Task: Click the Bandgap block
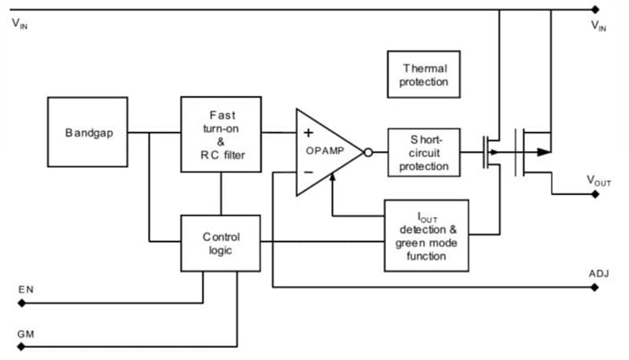point(87,133)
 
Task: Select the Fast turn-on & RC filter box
point(220,133)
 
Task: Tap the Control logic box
point(220,244)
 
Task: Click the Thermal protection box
point(425,75)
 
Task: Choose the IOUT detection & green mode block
point(426,235)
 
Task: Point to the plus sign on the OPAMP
point(308,133)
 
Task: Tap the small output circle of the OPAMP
point(369,152)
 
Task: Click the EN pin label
point(24,291)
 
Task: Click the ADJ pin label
point(598,274)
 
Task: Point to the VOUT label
point(598,181)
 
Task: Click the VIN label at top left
point(20,24)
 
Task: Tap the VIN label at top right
point(599,26)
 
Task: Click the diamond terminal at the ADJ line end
point(595,287)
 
